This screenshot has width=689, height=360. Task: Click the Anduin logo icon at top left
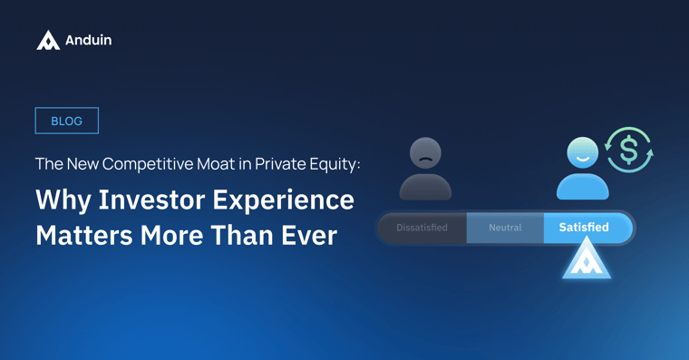[48, 40]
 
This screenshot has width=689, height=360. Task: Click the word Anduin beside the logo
[89, 40]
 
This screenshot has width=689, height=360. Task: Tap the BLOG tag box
[66, 121]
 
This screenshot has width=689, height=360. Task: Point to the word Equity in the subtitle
[335, 164]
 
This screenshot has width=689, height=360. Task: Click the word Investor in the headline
[152, 199]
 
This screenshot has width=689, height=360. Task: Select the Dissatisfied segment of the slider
[422, 228]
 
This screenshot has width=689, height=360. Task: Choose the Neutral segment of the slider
[505, 228]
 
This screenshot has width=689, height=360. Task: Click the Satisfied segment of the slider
[584, 228]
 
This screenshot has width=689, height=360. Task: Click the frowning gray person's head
[425, 153]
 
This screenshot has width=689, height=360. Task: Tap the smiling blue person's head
[582, 153]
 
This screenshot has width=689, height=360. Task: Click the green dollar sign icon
[629, 150]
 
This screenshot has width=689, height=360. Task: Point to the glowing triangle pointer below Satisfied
[586, 259]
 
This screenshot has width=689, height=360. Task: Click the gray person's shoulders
[425, 187]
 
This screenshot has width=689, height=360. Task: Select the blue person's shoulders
[582, 187]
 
